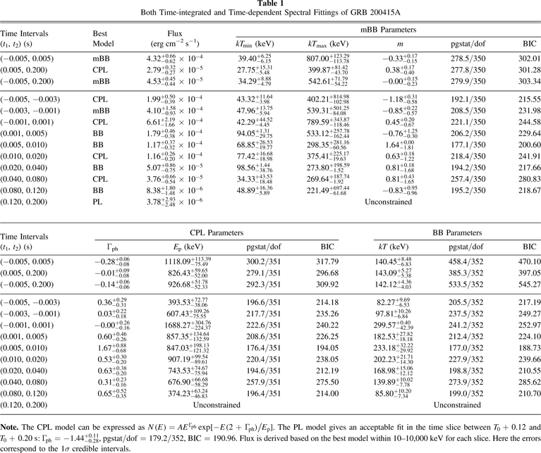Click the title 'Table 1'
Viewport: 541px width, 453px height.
tap(270, 5)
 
